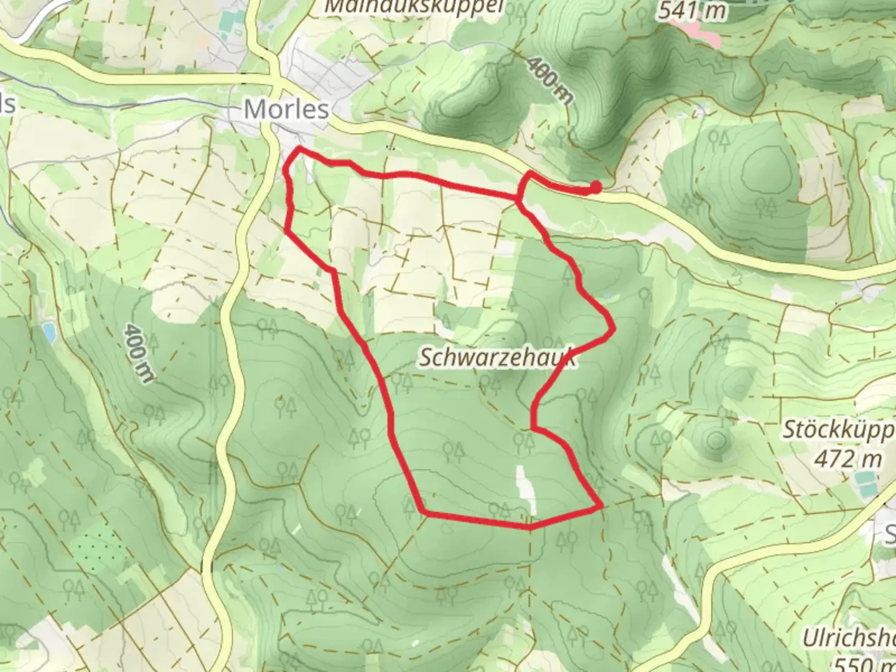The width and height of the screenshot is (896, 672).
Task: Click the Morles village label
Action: pyautogui.click(x=286, y=110)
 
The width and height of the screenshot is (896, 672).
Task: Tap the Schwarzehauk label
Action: pyautogui.click(x=496, y=358)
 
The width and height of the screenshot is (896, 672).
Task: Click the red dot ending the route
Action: pyautogui.click(x=595, y=187)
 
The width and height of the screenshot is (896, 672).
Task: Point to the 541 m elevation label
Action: pyautogui.click(x=692, y=9)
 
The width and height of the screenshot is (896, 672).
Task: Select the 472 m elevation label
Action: pyautogui.click(x=847, y=459)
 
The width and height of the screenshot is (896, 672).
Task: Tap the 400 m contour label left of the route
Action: pyautogui.click(x=138, y=352)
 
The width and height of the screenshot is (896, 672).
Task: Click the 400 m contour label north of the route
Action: pyautogui.click(x=549, y=79)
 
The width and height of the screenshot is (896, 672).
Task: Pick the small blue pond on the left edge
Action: pyautogui.click(x=49, y=333)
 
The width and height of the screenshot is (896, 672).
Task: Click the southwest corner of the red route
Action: pyautogui.click(x=423, y=513)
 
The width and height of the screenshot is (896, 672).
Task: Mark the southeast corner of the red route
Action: pyautogui.click(x=600, y=507)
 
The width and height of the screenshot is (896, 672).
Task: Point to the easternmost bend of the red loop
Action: pyautogui.click(x=614, y=328)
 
